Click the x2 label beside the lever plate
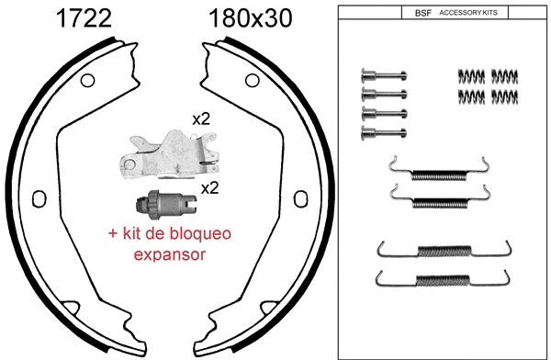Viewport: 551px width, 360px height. point(201,119)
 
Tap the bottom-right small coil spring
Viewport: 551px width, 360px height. point(505,95)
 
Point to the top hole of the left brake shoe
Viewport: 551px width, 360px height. point(88,81)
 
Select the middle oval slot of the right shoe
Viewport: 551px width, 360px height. point(298,199)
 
